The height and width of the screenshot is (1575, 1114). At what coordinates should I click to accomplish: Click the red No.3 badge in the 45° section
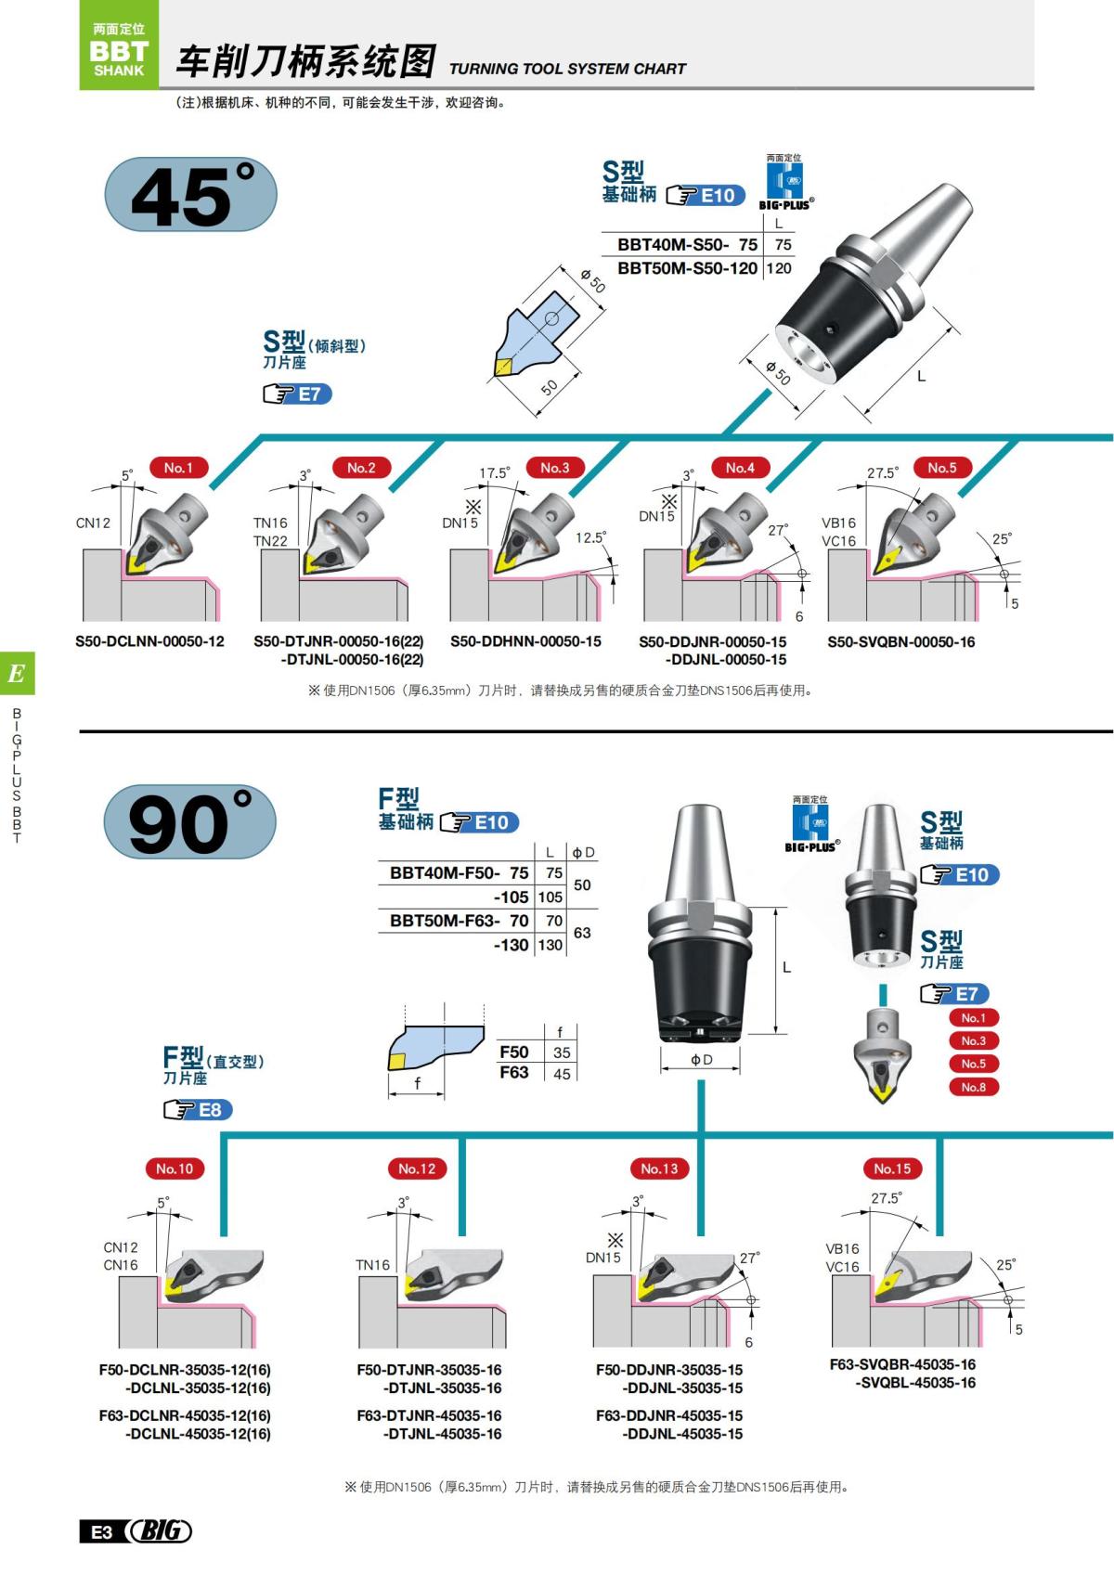[x=554, y=468]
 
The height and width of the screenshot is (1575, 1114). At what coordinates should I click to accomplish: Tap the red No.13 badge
[x=659, y=1168]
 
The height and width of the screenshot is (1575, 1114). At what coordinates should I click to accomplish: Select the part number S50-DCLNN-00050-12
[x=149, y=641]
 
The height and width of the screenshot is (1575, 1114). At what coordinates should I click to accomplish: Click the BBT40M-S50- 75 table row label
[x=687, y=245]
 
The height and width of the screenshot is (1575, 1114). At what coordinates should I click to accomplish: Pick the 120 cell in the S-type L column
[x=779, y=268]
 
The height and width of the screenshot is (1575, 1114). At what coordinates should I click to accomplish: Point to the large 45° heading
[x=190, y=196]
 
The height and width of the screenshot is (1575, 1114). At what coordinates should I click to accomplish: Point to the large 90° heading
[x=189, y=823]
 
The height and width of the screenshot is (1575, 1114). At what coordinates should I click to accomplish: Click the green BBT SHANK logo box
[x=119, y=45]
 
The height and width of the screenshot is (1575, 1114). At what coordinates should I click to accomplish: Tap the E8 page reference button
[x=198, y=1110]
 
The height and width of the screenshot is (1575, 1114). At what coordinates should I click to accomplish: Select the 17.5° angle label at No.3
[x=494, y=473]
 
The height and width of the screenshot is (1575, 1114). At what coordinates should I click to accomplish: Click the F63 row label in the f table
[x=514, y=1073]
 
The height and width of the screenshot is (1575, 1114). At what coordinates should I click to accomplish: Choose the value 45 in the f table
[x=562, y=1074]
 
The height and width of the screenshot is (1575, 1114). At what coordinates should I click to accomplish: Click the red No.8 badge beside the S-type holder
[x=973, y=1087]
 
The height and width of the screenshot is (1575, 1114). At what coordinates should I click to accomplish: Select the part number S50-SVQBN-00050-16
[x=900, y=641]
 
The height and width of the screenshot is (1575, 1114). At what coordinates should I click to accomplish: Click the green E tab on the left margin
[x=17, y=674]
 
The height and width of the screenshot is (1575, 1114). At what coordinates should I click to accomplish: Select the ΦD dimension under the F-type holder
[x=701, y=1060]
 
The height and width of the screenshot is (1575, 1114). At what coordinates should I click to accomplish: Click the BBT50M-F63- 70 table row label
[x=459, y=921]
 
